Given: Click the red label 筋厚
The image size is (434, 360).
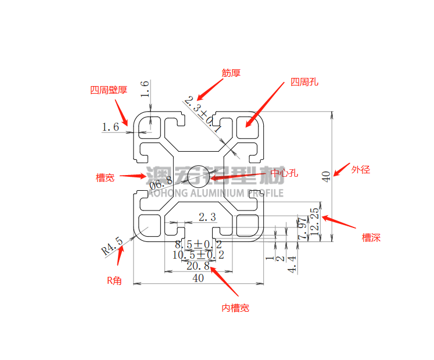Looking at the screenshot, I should [x=231, y=73].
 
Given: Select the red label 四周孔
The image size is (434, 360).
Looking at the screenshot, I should [x=304, y=83].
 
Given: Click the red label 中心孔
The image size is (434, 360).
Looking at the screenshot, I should [x=284, y=173].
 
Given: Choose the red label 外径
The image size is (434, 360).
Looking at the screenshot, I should [x=360, y=170].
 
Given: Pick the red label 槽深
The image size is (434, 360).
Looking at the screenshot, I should [x=371, y=237].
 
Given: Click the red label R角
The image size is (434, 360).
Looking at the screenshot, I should [x=114, y=280].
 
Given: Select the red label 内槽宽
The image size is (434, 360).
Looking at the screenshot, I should [x=235, y=308].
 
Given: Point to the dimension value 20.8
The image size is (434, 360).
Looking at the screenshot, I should [x=198, y=266].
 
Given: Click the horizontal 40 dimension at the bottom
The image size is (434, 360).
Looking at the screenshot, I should [x=198, y=279].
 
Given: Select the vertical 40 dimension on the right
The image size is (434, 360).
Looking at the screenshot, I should [x=327, y=176].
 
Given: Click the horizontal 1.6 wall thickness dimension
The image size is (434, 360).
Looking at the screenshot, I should [x=110, y=127].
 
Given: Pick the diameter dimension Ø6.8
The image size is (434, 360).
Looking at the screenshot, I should [x=161, y=184].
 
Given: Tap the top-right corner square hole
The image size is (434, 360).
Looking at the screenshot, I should [x=248, y=126].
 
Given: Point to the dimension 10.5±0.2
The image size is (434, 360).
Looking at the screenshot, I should [x=198, y=255].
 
